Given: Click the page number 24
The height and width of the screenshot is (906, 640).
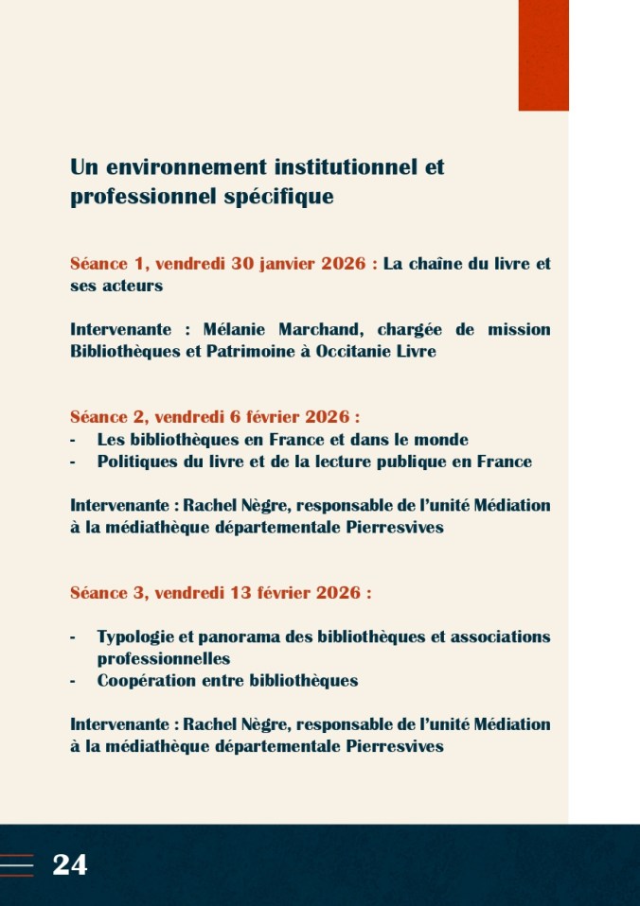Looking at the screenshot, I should coord(69,864).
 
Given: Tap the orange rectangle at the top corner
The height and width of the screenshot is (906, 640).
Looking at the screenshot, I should coord(543,55).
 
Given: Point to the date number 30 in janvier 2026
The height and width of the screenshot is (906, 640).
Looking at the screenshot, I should coord(244,264).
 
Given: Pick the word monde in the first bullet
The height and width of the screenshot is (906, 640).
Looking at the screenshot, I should coord(441,440).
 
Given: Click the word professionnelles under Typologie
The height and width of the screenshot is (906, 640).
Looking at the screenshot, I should coord(164,658).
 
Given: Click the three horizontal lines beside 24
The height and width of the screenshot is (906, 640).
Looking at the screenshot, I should coord(17,864).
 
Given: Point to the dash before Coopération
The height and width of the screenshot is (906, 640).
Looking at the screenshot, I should coord(73,681).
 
